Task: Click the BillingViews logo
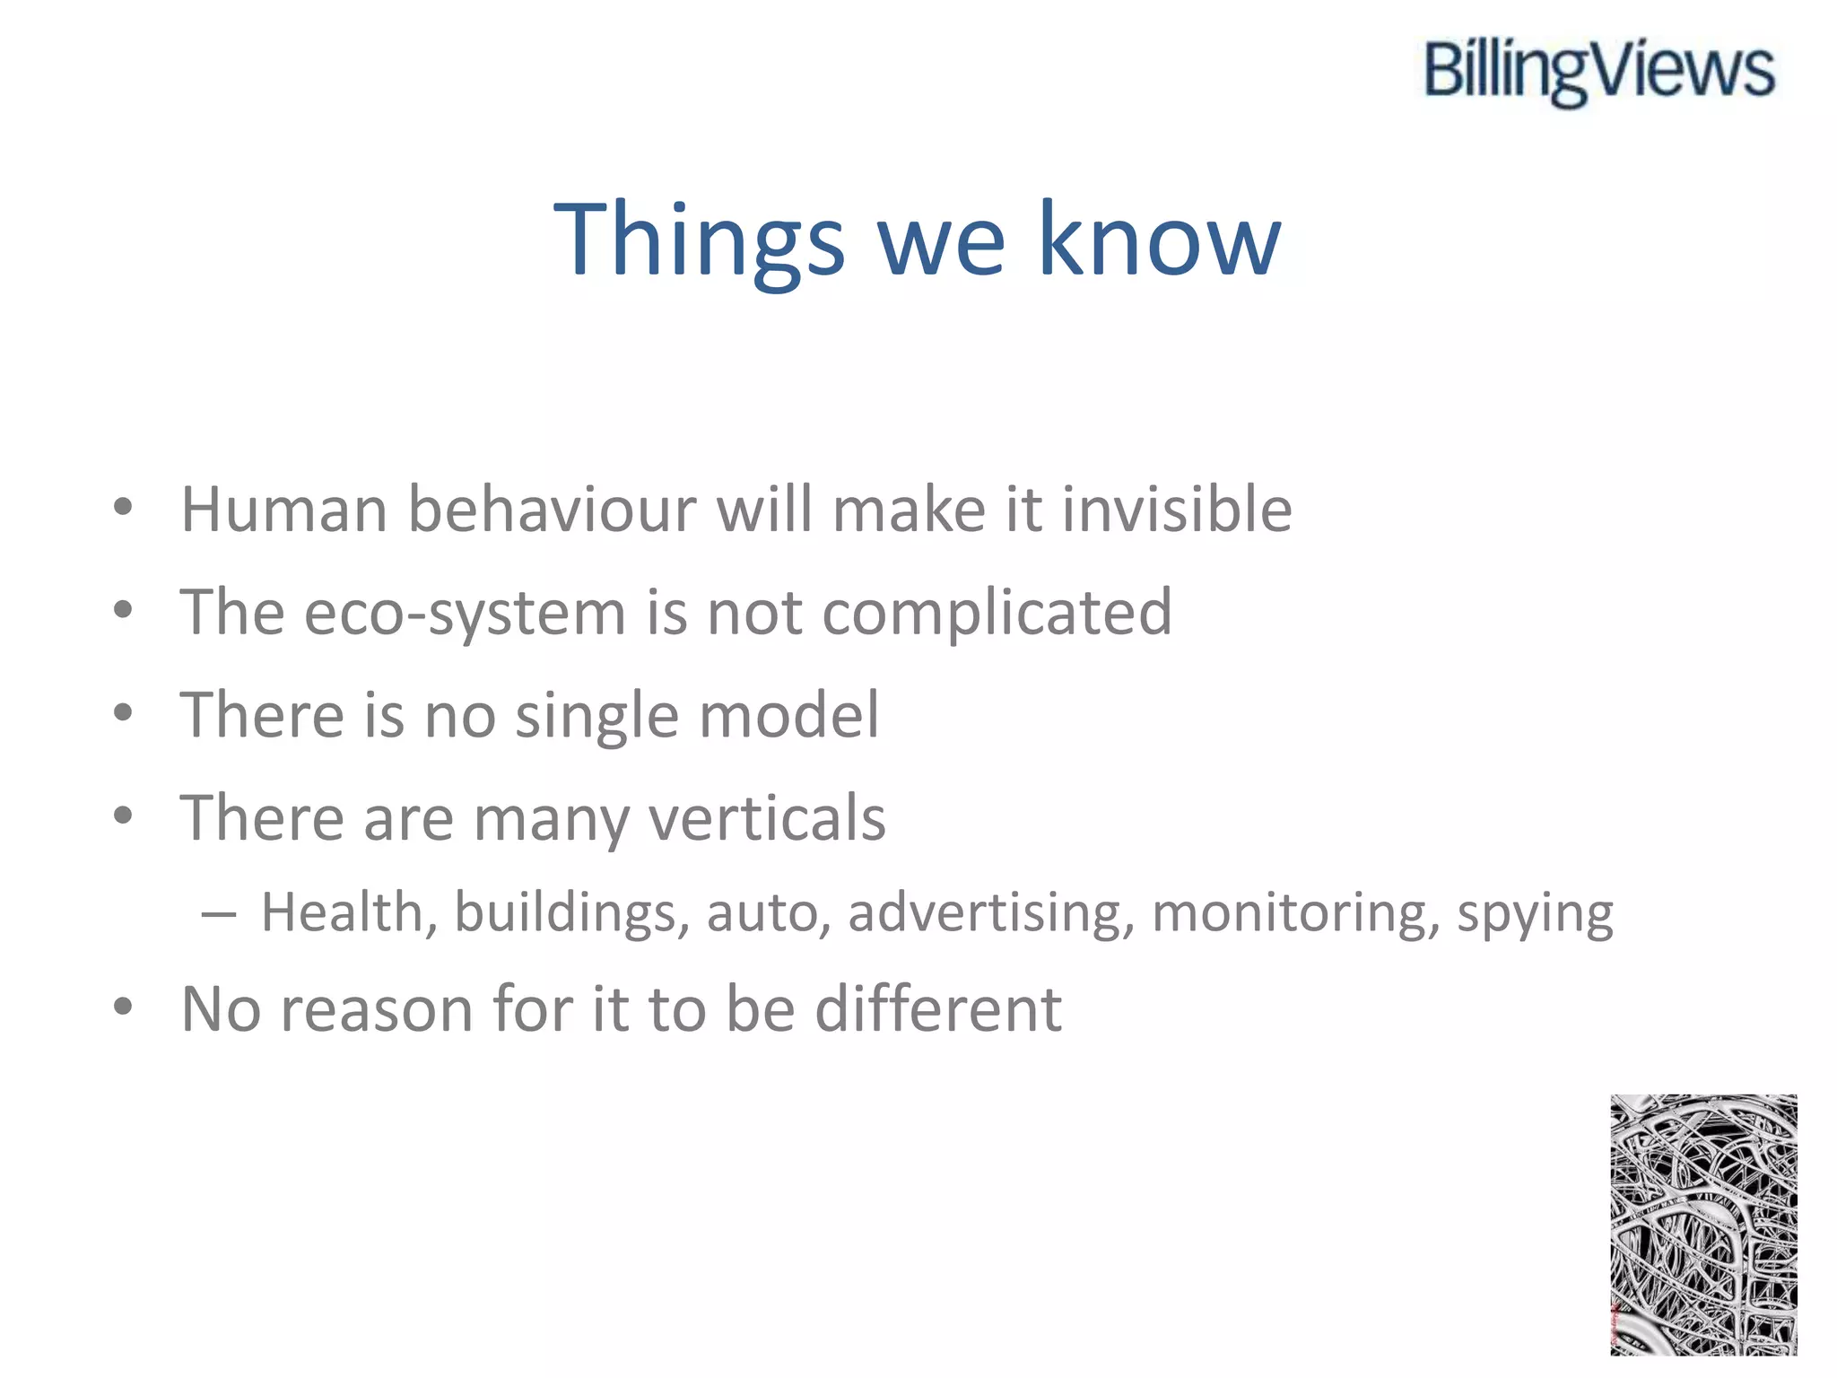(x=1599, y=71)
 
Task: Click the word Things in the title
(x=699, y=240)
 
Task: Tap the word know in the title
(x=1159, y=240)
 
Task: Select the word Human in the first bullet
(x=284, y=510)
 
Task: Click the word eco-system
(x=465, y=614)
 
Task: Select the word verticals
(x=767, y=818)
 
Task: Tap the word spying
(x=1535, y=913)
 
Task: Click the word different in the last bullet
(x=938, y=1010)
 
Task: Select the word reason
(x=377, y=1010)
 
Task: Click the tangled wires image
(x=1703, y=1225)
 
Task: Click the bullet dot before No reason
(x=123, y=1007)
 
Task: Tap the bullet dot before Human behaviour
(x=123, y=507)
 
